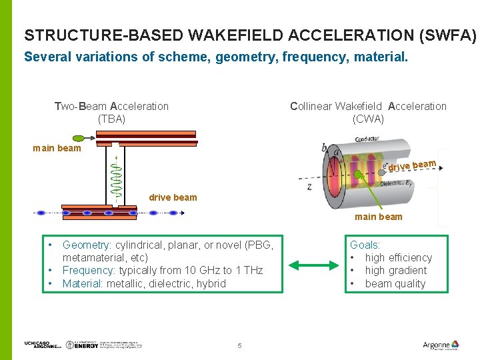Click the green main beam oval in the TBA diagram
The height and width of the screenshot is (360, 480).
[79, 139]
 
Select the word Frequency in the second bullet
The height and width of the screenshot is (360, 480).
[88, 271]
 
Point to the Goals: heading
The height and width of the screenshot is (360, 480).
[365, 245]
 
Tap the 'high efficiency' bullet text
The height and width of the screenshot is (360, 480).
[398, 258]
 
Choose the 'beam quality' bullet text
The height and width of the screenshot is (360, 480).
[395, 284]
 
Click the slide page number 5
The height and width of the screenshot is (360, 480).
[239, 345]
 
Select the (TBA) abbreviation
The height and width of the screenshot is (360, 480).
[111, 119]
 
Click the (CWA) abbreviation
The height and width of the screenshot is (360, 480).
[368, 119]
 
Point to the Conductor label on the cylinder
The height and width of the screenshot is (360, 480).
[368, 139]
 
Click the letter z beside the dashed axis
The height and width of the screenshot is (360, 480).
[309, 187]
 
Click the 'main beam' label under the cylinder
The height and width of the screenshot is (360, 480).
[378, 217]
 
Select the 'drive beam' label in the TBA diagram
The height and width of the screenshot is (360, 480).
[173, 197]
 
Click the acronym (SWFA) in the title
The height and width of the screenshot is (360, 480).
[451, 35]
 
